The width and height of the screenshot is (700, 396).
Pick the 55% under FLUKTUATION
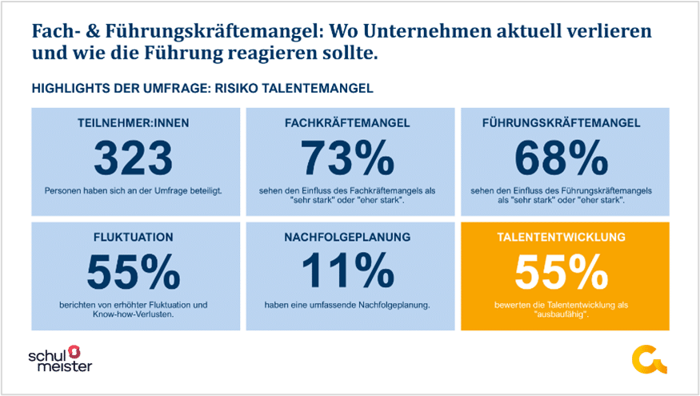click(x=134, y=273)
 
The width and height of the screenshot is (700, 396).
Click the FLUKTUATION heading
click(x=134, y=238)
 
